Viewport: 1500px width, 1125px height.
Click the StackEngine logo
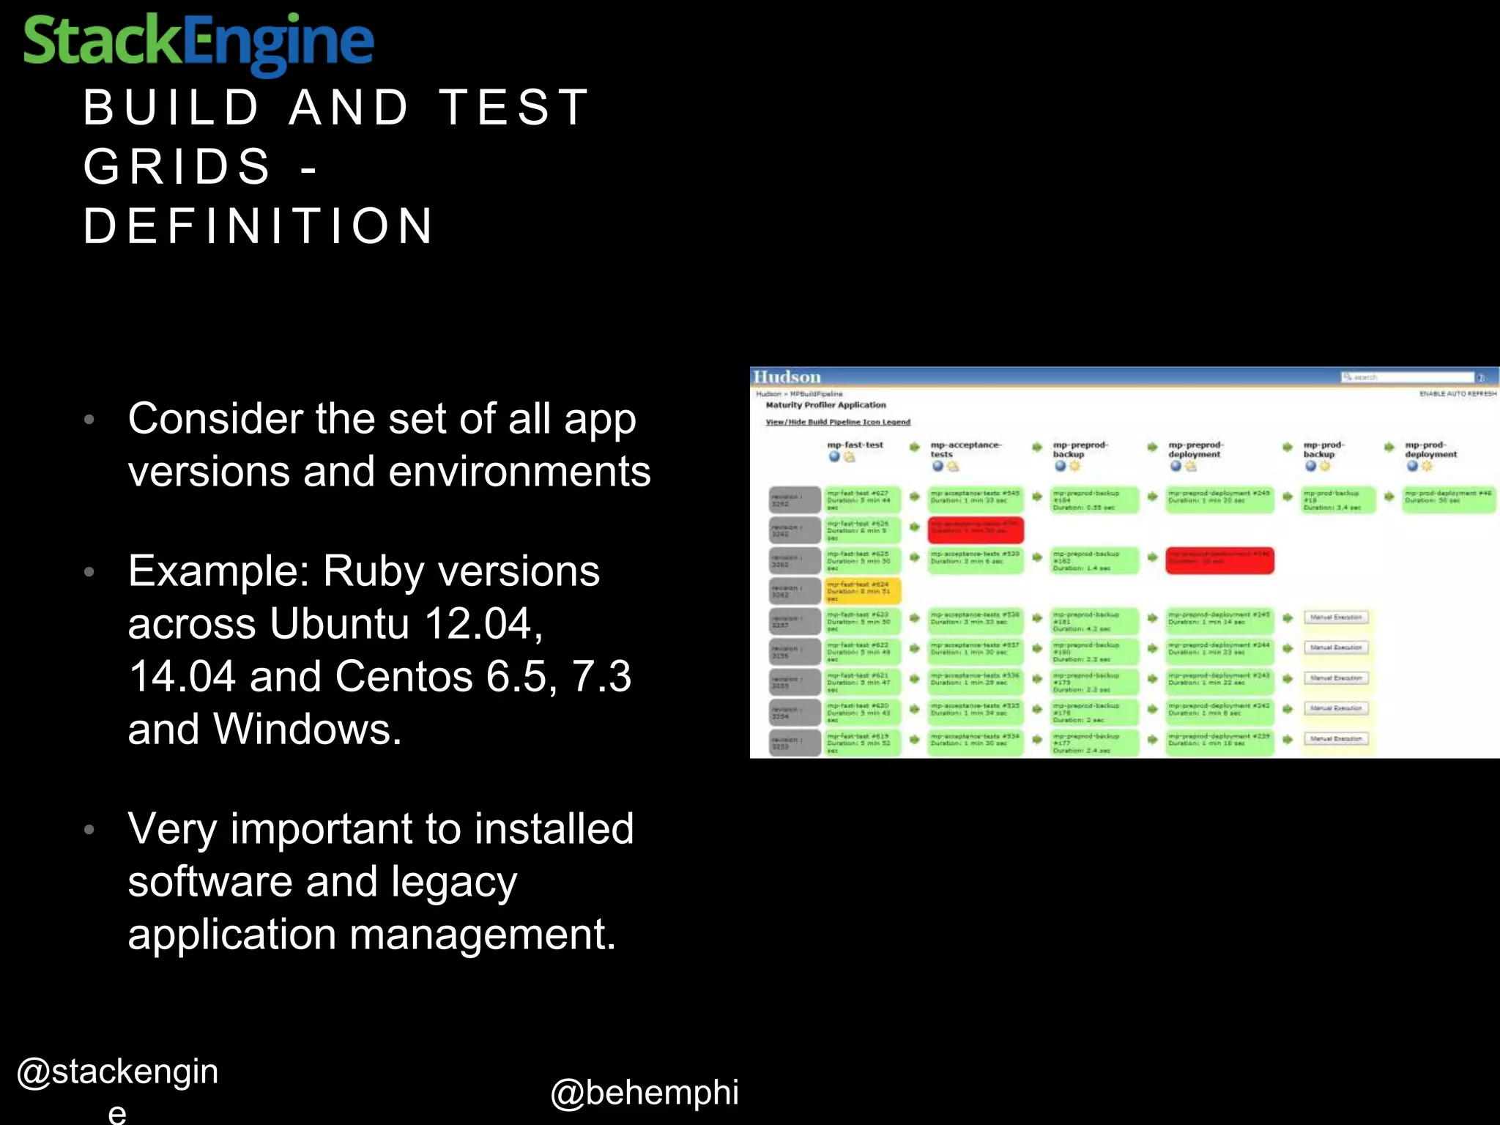(198, 42)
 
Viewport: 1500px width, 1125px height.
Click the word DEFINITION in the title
(259, 226)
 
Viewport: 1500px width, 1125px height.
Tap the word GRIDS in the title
(177, 166)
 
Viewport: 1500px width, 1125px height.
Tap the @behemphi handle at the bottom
(645, 1092)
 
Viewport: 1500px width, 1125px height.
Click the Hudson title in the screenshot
(787, 376)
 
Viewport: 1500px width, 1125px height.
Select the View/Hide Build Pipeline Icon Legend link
(838, 422)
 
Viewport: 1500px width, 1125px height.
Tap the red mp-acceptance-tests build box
(975, 530)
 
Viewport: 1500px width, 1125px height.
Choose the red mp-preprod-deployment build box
(1219, 560)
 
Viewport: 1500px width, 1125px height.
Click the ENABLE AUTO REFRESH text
(1458, 394)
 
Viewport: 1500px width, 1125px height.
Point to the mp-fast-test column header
(855, 445)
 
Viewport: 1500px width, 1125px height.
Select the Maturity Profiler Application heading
(825, 405)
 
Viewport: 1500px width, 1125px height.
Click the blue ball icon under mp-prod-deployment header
(1411, 467)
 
